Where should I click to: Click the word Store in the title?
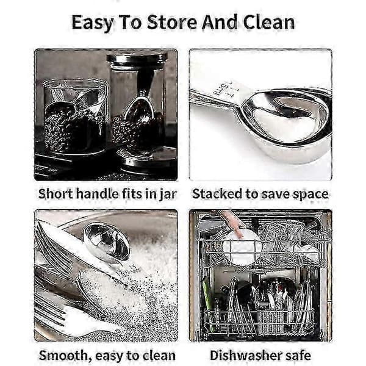172,23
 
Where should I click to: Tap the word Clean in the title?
268,23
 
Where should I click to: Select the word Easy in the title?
93,23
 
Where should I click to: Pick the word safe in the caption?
299,355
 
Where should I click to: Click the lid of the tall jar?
137,59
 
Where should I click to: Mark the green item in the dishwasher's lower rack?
207,303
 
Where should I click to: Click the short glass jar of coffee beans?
75,116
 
